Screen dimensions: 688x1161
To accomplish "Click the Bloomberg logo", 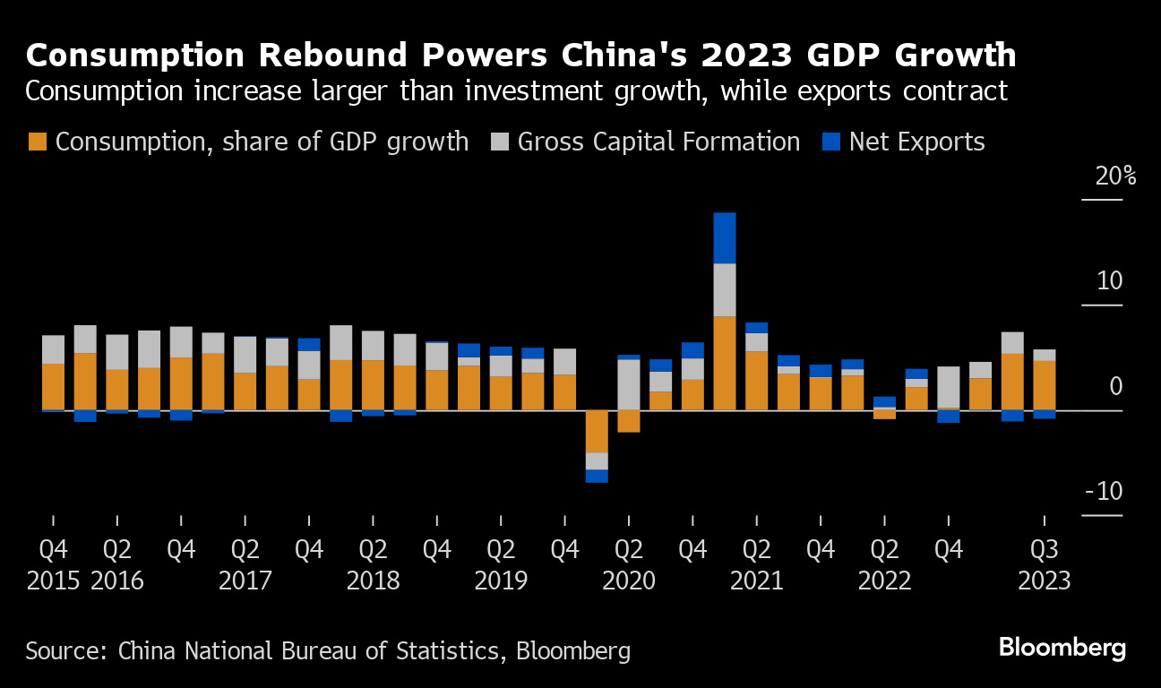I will click(1062, 649).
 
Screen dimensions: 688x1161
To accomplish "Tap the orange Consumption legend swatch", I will click(38, 142).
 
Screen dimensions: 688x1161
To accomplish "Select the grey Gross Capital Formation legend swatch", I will click(500, 142).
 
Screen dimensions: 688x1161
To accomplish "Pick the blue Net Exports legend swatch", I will click(832, 142).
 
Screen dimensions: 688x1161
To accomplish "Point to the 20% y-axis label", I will click(1115, 176).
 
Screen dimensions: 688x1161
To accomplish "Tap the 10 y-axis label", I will click(1109, 281).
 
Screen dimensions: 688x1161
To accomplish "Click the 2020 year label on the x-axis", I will click(628, 580).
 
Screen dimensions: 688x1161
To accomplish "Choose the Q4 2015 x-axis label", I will click(54, 564).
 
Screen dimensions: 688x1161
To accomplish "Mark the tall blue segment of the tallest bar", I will click(724, 237).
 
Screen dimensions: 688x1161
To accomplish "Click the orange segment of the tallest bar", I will click(724, 363).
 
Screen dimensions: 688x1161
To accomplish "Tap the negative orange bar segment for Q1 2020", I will click(597, 431).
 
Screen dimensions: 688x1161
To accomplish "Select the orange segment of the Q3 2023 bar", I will click(1044, 385).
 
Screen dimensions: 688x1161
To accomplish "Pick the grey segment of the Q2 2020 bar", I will click(629, 384).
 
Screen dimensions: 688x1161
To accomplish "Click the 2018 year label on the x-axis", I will click(373, 580).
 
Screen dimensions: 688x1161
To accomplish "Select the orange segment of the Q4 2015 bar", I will click(54, 386).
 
